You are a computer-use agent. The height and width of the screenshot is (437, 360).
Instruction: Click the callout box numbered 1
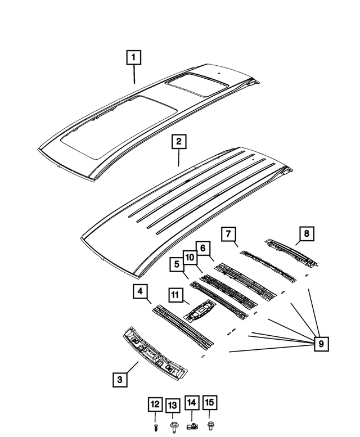click(x=133, y=57)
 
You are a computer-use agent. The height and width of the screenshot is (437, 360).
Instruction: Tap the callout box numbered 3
click(x=119, y=380)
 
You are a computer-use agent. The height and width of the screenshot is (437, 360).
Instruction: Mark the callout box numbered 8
click(x=305, y=233)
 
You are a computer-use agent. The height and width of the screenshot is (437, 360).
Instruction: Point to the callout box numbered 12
click(x=155, y=404)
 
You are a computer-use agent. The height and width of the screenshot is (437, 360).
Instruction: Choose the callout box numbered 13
click(x=172, y=404)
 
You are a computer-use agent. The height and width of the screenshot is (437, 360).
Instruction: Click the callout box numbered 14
click(x=192, y=403)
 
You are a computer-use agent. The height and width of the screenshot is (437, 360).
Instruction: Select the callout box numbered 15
click(x=210, y=403)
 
